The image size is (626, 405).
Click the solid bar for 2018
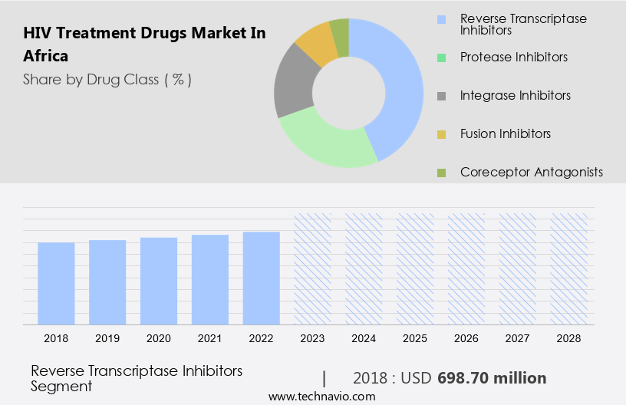[x=56, y=283]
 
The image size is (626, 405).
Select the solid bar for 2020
[x=159, y=281]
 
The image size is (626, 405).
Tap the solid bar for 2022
[x=262, y=278]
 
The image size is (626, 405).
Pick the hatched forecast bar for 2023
[x=313, y=268]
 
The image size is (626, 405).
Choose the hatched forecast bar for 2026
[x=466, y=268]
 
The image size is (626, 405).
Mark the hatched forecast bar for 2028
[x=569, y=268]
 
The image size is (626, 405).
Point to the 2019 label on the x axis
[x=107, y=337]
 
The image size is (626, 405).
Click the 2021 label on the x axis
[x=210, y=337]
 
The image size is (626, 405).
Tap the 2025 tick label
[x=415, y=337]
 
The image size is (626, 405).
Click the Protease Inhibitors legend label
[x=514, y=57]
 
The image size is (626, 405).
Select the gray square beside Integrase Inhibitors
[x=441, y=96]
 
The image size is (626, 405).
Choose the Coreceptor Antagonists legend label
[x=532, y=172]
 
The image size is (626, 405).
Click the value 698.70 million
[x=492, y=378]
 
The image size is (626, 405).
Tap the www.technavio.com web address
[x=322, y=397]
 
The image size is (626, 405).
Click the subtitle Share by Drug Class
[x=107, y=79]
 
